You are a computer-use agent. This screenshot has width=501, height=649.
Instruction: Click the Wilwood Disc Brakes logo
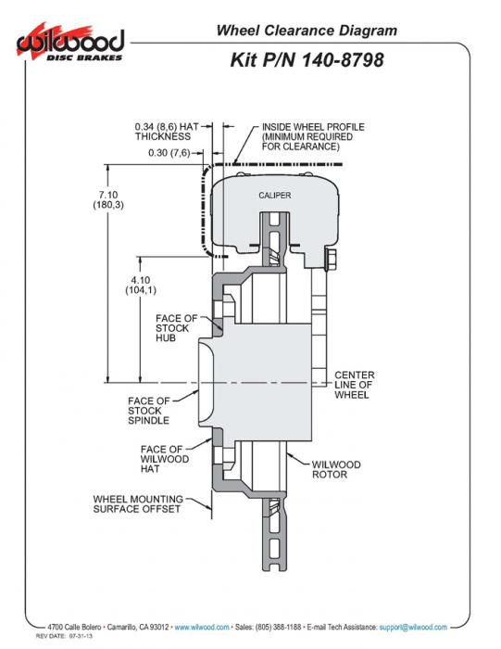point(70,43)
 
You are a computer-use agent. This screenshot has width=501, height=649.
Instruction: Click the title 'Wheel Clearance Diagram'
point(307,31)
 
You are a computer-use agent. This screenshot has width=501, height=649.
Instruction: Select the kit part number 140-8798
point(343,60)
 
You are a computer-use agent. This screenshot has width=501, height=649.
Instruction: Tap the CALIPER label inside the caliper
point(275,195)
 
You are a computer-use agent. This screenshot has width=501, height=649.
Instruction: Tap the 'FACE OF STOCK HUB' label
point(177,328)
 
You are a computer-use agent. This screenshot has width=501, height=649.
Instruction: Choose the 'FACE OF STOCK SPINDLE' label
point(149,411)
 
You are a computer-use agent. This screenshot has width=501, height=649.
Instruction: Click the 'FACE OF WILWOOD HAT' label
point(165,459)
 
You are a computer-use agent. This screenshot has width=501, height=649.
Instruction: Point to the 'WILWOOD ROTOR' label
point(336,469)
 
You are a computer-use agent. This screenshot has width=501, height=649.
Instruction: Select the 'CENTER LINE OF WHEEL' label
point(355,385)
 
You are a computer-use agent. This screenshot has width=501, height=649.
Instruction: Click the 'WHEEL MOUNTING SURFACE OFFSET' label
point(138,504)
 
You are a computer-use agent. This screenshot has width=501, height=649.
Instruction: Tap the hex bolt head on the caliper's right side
point(331,260)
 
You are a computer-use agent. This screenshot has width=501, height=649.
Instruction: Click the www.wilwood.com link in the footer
point(202,627)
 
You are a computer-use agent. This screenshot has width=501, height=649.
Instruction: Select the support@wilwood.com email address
point(413,627)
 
